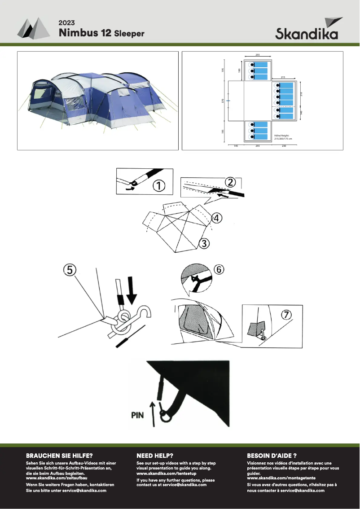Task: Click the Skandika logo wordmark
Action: [x=307, y=34]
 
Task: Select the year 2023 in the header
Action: [x=66, y=23]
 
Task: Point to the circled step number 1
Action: [x=159, y=185]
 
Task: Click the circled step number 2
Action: [x=230, y=182]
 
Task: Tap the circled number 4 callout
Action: [x=216, y=218]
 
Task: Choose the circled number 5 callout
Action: [x=70, y=270]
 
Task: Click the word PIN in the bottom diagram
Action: [x=137, y=415]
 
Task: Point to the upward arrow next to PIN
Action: [x=153, y=414]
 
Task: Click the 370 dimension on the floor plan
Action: [x=223, y=101]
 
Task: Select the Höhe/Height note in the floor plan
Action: [x=282, y=137]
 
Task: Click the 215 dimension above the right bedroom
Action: [x=283, y=77]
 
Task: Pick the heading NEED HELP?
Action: [x=155, y=455]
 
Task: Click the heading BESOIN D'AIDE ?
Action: [x=272, y=455]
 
